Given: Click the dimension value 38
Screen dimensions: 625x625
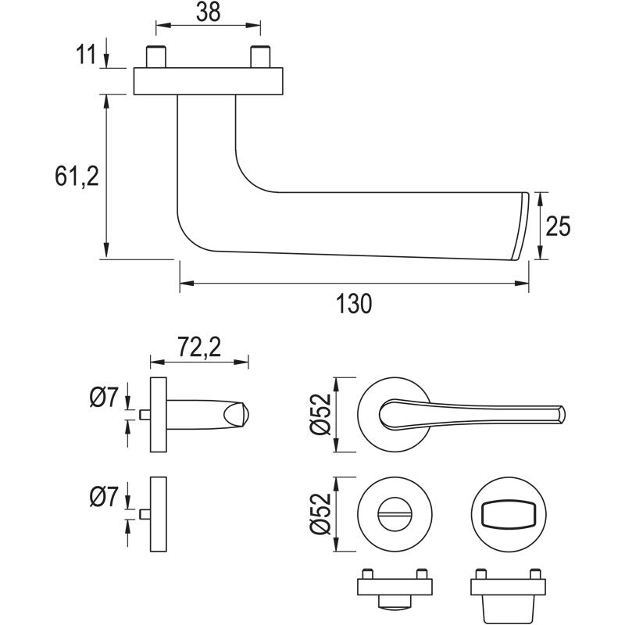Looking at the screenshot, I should coord(208,12).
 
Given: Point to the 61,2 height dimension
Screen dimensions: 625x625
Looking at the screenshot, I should coord(76,177).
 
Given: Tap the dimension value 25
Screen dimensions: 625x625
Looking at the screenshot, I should coord(558,227).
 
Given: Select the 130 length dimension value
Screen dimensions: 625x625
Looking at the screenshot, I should coord(354,303).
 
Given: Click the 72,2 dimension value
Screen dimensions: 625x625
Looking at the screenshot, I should coord(198,346).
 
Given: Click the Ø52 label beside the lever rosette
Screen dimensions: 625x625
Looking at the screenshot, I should coord(322,415).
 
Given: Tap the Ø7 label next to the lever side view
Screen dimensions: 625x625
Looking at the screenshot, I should coord(104,398).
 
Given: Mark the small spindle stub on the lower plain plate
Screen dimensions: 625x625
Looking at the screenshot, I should coord(143,514).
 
